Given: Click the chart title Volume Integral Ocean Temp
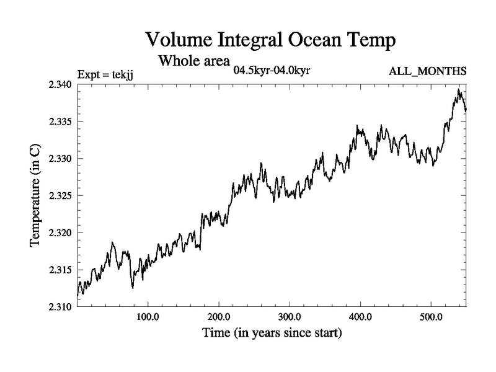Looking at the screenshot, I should [270, 40].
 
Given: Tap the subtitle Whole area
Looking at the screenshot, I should [194, 61].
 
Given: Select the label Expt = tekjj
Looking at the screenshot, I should [105, 75].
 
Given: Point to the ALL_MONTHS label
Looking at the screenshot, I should [427, 71].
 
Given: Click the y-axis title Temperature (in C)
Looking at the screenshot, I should [36, 195].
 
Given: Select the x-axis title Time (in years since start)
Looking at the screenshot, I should [272, 334].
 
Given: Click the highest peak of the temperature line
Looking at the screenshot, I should [458, 89].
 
